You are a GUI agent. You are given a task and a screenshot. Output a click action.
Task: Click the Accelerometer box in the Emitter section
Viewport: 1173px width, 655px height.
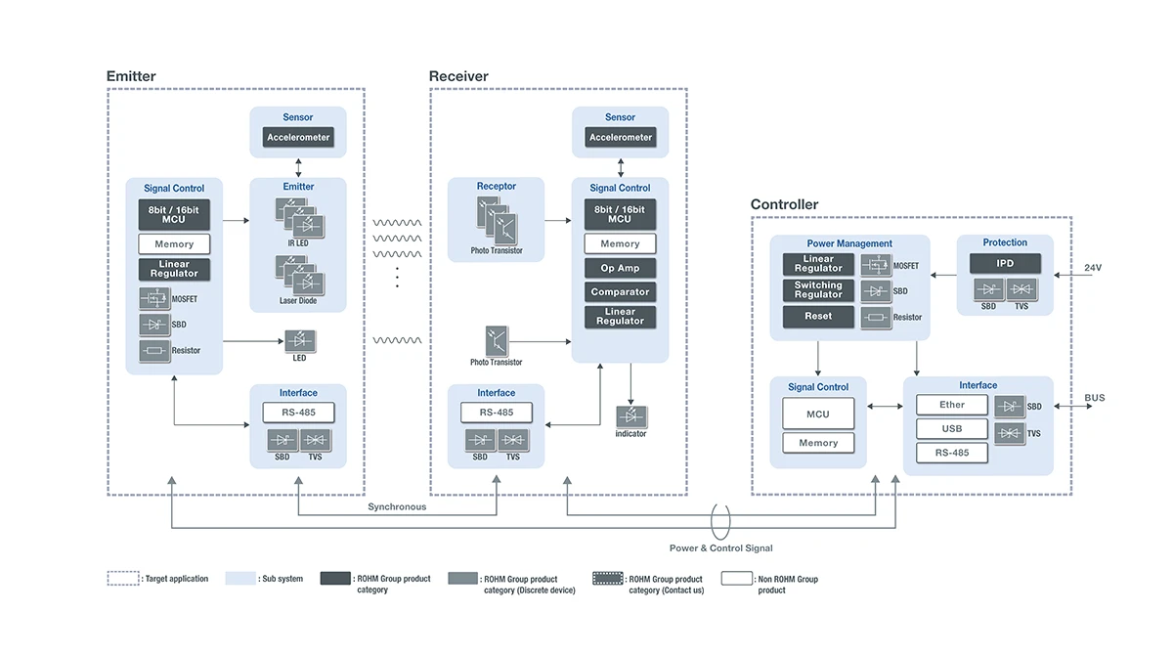click(298, 138)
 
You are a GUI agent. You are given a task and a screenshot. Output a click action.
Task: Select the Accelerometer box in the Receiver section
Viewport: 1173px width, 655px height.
click(621, 138)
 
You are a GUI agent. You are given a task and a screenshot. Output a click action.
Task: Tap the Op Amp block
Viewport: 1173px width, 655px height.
click(621, 268)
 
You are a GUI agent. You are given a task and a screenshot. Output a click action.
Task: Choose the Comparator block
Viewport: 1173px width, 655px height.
click(621, 292)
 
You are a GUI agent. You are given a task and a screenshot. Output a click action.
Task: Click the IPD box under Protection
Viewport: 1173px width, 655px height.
click(1005, 264)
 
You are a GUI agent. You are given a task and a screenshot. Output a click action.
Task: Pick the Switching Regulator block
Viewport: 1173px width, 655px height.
click(818, 290)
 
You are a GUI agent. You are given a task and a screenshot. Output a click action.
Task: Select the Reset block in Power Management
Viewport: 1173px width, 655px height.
click(818, 317)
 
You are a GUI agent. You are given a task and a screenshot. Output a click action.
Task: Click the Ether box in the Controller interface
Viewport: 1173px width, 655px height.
click(952, 405)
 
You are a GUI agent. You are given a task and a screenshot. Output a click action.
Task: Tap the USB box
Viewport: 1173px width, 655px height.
click(952, 429)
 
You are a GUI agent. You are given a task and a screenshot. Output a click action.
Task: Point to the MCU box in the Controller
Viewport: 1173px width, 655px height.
click(818, 414)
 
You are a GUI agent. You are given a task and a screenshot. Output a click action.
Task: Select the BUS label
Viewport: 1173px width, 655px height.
click(1095, 398)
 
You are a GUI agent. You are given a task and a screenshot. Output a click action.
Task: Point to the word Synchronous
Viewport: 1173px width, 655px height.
click(397, 507)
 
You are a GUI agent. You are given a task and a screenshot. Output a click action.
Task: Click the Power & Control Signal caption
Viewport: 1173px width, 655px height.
click(720, 548)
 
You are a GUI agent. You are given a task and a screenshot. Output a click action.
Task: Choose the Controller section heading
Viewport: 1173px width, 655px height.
click(784, 204)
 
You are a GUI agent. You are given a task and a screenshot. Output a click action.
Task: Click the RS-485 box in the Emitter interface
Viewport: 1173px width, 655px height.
click(298, 413)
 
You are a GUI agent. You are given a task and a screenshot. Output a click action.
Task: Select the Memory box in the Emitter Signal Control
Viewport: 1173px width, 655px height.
click(174, 244)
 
